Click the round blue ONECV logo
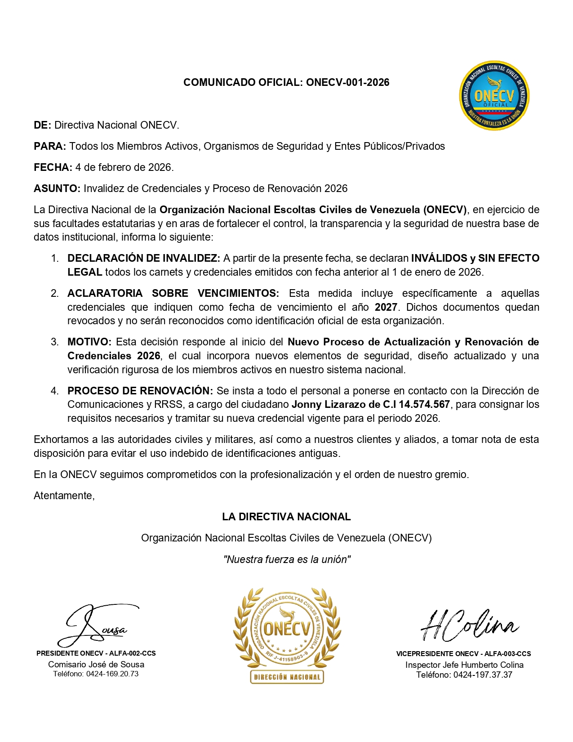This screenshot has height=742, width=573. (x=494, y=96)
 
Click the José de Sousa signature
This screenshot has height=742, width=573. (x=97, y=625)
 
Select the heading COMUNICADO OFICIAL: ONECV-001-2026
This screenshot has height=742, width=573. (x=286, y=82)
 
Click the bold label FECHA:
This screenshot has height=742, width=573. (x=53, y=167)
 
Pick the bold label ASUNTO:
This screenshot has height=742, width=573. (x=57, y=188)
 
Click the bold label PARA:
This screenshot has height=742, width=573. (x=50, y=146)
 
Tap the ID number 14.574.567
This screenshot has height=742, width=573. (x=424, y=404)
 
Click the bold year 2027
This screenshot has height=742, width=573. (x=386, y=307)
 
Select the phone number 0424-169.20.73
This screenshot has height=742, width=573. (x=112, y=674)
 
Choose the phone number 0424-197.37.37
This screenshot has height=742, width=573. (x=483, y=675)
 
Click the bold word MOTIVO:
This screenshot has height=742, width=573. (x=89, y=342)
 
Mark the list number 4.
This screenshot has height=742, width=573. (x=54, y=391)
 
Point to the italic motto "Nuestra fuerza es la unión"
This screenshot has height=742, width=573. (x=287, y=559)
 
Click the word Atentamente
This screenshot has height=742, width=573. (x=64, y=496)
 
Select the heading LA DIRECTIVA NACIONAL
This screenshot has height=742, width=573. (x=286, y=517)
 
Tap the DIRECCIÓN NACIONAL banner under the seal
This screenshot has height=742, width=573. (x=287, y=677)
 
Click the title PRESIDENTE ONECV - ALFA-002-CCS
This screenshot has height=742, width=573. (x=96, y=653)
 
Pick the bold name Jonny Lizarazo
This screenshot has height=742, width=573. (x=323, y=404)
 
